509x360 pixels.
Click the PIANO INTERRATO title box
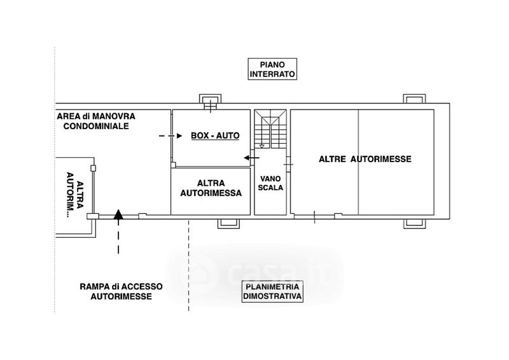pyautogui.click(x=272, y=69)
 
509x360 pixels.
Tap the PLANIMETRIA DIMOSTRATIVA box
pyautogui.click(x=272, y=291)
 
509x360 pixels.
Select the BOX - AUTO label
pyautogui.click(x=215, y=135)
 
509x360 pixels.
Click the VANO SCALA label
pyautogui.click(x=270, y=183)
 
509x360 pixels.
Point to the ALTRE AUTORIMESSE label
pyautogui.click(x=365, y=159)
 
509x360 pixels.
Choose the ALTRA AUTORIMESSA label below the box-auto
pyautogui.click(x=211, y=188)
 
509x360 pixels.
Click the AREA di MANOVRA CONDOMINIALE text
pyautogui.click(x=96, y=121)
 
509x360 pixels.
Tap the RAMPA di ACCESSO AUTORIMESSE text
pyautogui.click(x=121, y=291)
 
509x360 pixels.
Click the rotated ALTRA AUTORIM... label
pyautogui.click(x=75, y=194)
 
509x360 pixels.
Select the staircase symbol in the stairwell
pyautogui.click(x=270, y=129)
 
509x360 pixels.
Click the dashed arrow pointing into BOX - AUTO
pyautogui.click(x=171, y=136)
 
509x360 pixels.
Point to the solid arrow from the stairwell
pyautogui.click(x=251, y=158)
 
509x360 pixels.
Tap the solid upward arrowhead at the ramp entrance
pyautogui.click(x=118, y=214)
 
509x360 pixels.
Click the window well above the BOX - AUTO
pyautogui.click(x=210, y=99)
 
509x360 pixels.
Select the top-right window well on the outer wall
pyautogui.click(x=414, y=99)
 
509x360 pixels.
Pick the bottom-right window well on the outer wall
pyautogui.click(x=414, y=224)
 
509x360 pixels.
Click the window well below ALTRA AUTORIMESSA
pyautogui.click(x=228, y=224)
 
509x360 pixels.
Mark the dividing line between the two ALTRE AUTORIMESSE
pyautogui.click(x=358, y=162)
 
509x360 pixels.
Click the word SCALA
pyautogui.click(x=270, y=188)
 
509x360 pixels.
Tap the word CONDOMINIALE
pyautogui.click(x=96, y=126)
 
